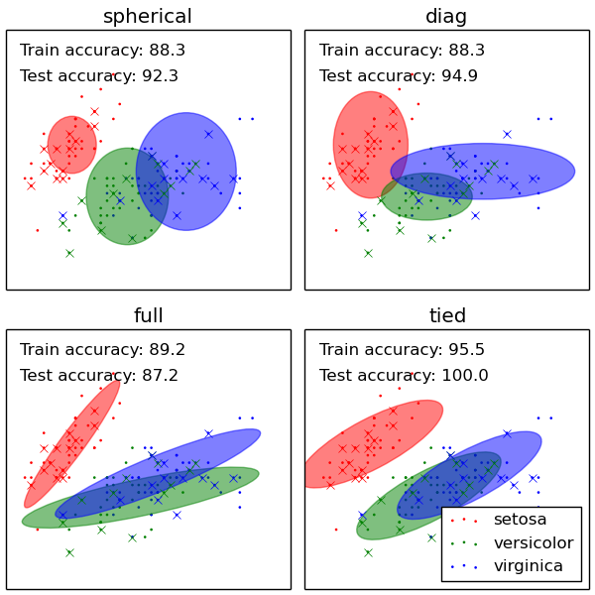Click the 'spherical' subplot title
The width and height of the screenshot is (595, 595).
click(148, 17)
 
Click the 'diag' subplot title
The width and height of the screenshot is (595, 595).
click(446, 17)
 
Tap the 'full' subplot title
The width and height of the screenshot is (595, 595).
click(148, 316)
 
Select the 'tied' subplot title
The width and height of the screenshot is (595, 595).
click(446, 316)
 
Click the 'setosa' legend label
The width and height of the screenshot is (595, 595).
click(520, 520)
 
